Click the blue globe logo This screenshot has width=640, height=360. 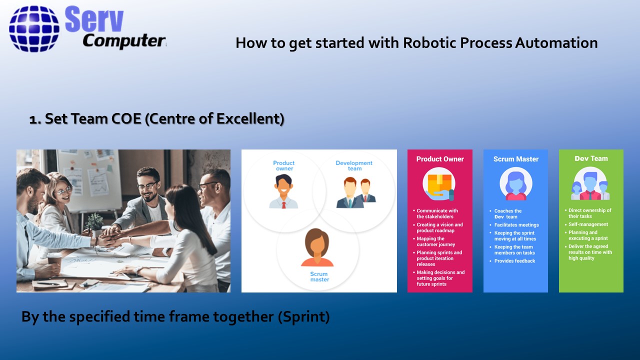click(34, 28)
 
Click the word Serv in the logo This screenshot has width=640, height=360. click(94, 19)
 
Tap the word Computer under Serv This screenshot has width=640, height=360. click(124, 41)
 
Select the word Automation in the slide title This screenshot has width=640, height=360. click(556, 43)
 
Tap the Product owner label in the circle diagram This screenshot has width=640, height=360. click(283, 165)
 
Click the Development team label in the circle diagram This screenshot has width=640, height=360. click(354, 165)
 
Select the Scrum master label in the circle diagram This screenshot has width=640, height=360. click(319, 276)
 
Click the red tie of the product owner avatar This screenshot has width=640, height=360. click(283, 205)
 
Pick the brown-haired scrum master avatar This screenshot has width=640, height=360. click(317, 247)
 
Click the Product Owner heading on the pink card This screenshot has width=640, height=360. click(440, 159)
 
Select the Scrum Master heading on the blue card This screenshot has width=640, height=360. click(516, 159)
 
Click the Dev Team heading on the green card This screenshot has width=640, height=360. click(591, 158)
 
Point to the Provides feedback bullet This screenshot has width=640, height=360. click(514, 261)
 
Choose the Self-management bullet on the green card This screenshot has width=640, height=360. click(588, 224)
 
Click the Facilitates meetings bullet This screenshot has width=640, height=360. click(516, 225)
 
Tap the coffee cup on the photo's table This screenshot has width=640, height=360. click(54, 259)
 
